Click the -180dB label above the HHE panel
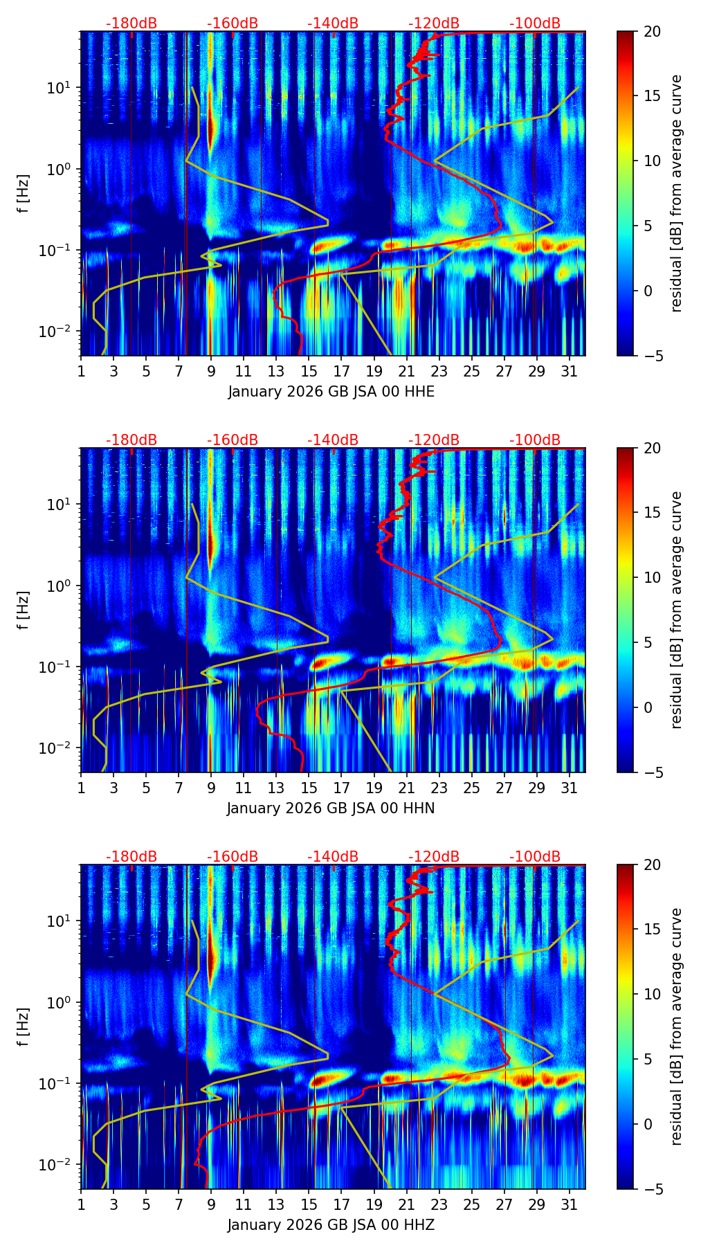click(131, 24)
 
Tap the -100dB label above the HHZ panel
click(535, 857)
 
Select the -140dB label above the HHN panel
click(333, 440)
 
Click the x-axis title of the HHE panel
click(331, 392)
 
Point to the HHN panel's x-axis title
click(331, 808)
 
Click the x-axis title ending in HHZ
click(331, 1225)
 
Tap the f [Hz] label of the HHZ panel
click(24, 1026)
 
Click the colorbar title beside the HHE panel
click(677, 193)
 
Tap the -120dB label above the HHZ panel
click(434, 857)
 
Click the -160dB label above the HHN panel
click(233, 440)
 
